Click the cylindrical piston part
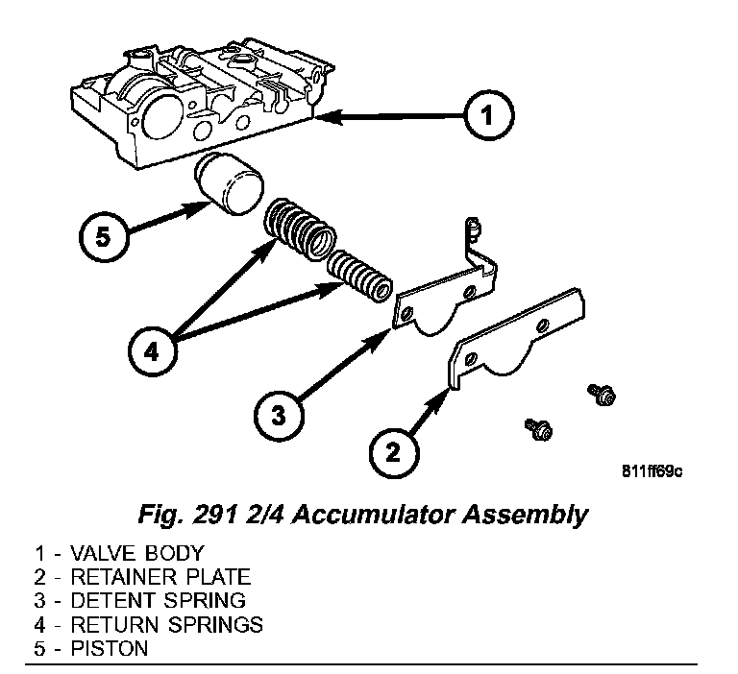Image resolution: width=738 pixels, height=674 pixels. click(229, 185)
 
